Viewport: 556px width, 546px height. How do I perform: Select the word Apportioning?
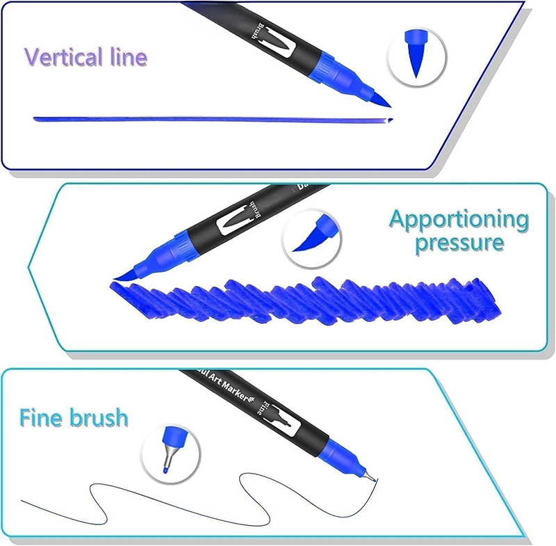pos(458,220)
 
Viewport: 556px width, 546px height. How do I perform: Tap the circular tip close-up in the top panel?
pos(416,56)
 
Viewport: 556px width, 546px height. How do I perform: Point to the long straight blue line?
pos(208,119)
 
